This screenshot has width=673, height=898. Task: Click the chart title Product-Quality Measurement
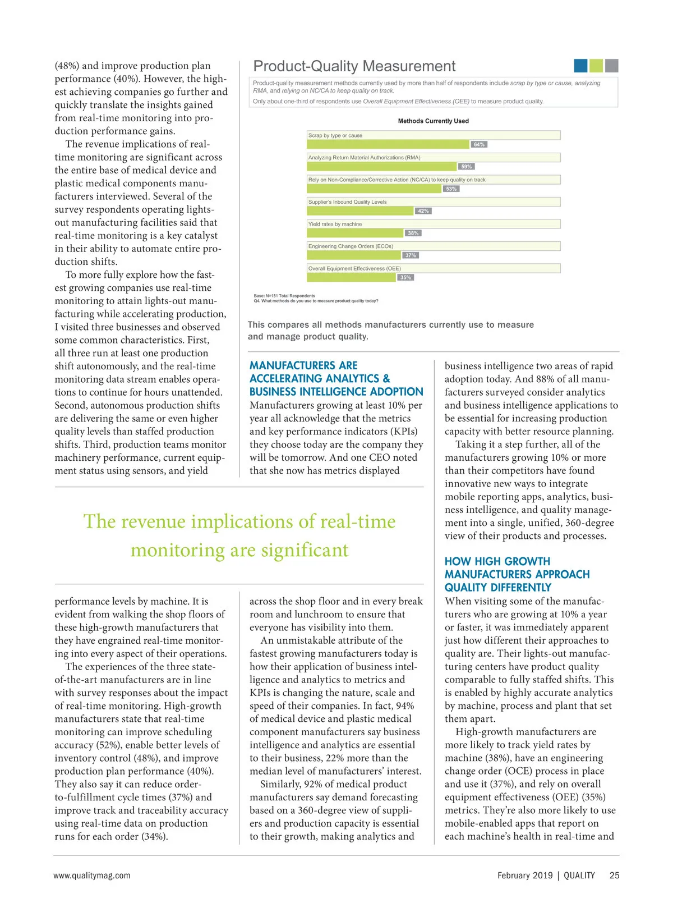coord(354,66)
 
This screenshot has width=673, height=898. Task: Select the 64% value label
coord(479,144)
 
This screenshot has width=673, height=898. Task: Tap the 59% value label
coord(466,167)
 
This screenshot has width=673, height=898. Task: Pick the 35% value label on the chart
coord(405,277)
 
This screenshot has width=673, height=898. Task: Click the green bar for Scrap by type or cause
coord(388,144)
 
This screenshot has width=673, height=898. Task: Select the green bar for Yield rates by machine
coord(355,233)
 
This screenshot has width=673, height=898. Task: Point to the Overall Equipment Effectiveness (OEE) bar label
coord(354,268)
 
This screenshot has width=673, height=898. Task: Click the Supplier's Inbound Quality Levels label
coord(347,202)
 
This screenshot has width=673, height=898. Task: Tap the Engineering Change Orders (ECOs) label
coord(351,246)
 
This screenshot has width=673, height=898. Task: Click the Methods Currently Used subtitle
coord(433,121)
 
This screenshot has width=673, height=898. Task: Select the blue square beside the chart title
coord(580,66)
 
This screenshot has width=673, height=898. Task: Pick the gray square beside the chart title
coord(612,66)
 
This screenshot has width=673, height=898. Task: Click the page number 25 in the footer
coord(615,875)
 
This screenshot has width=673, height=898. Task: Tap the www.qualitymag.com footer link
coord(92,875)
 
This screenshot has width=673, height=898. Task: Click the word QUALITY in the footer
coord(579,875)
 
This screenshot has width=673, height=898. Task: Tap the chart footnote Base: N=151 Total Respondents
coord(284,296)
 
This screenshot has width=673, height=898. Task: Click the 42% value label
coord(423,211)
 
